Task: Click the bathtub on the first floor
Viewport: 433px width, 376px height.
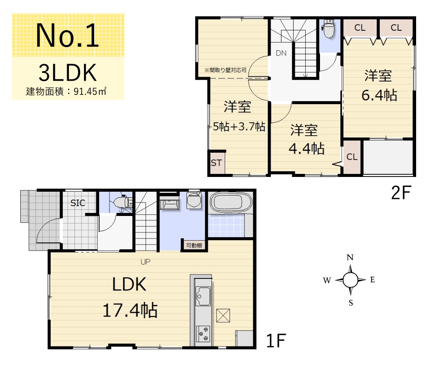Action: pyautogui.click(x=231, y=202)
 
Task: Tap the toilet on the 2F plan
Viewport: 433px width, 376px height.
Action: pyautogui.click(x=329, y=29)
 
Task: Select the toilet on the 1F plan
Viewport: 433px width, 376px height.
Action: pyautogui.click(x=123, y=202)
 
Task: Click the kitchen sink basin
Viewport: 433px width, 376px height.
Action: pyautogui.click(x=203, y=296)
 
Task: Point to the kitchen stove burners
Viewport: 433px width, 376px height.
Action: pyautogui.click(x=203, y=333)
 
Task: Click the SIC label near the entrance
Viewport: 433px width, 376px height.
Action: pyautogui.click(x=78, y=203)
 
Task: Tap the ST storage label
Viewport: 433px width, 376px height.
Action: pyautogui.click(x=216, y=163)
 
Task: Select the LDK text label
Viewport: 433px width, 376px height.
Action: pyautogui.click(x=129, y=284)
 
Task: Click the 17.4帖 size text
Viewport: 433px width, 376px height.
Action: pyautogui.click(x=130, y=310)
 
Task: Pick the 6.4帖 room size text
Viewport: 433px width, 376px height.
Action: pyautogui.click(x=379, y=95)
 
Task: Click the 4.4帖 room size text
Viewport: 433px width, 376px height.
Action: pyautogui.click(x=306, y=149)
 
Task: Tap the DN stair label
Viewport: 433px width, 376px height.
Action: pyautogui.click(x=281, y=53)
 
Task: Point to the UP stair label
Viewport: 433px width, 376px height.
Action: pyautogui.click(x=145, y=262)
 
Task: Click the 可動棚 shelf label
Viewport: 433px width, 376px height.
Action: pyautogui.click(x=194, y=245)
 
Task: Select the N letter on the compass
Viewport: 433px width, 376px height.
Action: pyautogui.click(x=350, y=258)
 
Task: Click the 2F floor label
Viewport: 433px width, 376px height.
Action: pyautogui.click(x=401, y=193)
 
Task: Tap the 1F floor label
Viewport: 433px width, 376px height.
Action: pyautogui.click(x=276, y=340)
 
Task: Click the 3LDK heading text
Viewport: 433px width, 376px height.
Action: pyautogui.click(x=68, y=72)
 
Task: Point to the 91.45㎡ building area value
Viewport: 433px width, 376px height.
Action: pyautogui.click(x=90, y=92)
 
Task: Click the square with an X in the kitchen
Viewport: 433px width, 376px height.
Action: pyautogui.click(x=223, y=316)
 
